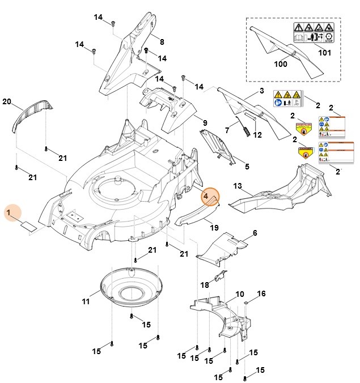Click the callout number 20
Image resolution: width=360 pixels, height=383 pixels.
tap(7, 102)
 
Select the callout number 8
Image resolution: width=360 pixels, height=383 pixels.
tap(162, 42)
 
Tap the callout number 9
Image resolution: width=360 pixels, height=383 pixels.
tap(205, 123)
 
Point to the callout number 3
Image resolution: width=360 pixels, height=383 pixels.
tap(261, 91)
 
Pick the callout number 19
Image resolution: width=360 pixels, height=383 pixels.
tap(214, 227)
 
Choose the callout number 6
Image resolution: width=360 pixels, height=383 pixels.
tap(255, 233)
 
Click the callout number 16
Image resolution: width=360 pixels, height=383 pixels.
tap(261, 293)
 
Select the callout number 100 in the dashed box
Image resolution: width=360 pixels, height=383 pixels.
tap(281, 65)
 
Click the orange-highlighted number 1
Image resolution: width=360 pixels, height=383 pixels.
tap(9, 213)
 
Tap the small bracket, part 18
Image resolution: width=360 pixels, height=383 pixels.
tap(222, 276)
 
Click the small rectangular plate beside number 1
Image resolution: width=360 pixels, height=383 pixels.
tap(28, 225)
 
